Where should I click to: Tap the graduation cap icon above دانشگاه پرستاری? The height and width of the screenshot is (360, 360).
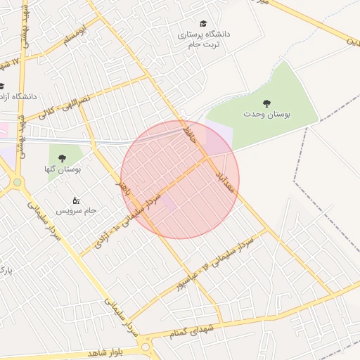pyautogui.click(x=203, y=24)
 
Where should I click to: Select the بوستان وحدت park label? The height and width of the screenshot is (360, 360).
pyautogui.click(x=266, y=113)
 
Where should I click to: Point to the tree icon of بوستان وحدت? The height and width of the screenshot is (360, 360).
pyautogui.click(x=266, y=103)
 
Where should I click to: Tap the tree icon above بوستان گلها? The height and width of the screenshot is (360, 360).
pyautogui.click(x=62, y=158)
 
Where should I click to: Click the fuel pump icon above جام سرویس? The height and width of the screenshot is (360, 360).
pyautogui.click(x=76, y=200)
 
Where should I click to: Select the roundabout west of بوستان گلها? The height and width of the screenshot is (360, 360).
pyautogui.click(x=16, y=182)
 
